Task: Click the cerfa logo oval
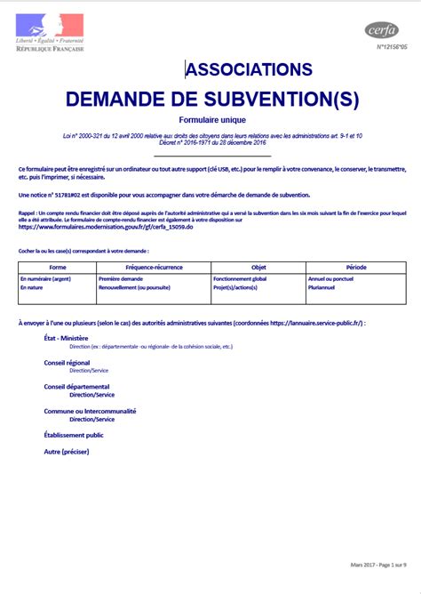(382, 31)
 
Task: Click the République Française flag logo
(50, 27)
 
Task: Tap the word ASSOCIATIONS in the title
(249, 69)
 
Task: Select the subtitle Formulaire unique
(211, 120)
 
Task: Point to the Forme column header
(58, 267)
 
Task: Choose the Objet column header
(258, 267)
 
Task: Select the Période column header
(356, 267)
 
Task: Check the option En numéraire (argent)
(45, 278)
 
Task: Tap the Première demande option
(121, 278)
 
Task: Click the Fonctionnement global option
(240, 278)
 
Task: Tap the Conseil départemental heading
(76, 387)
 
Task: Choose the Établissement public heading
(74, 435)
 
